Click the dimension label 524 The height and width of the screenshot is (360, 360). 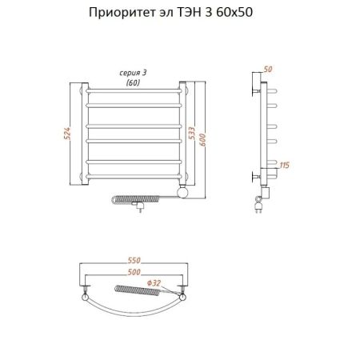click(68, 134)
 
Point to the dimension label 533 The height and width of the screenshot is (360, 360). click(193, 134)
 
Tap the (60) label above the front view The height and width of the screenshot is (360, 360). click(133, 82)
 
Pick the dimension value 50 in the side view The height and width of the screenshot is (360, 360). click(267, 70)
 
